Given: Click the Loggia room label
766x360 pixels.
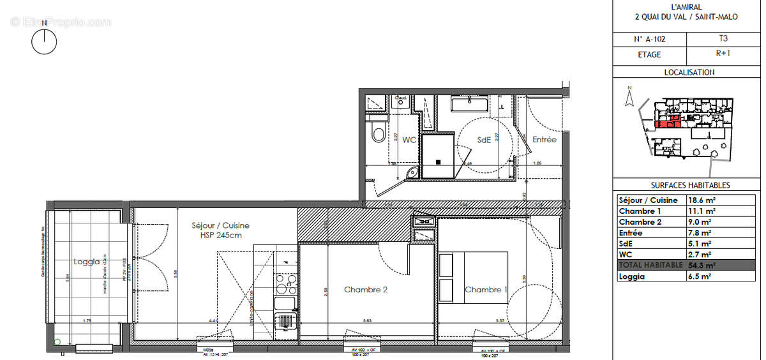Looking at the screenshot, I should [x=86, y=262].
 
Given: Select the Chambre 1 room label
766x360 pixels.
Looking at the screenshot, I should [x=486, y=290].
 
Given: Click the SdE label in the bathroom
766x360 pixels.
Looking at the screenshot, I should [x=484, y=140].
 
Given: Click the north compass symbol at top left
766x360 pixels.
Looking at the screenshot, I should [x=44, y=41].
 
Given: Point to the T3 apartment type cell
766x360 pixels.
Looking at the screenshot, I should [x=723, y=39].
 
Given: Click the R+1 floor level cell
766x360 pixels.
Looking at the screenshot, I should [x=723, y=55].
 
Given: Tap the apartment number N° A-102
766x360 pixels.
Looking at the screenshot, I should [x=648, y=39].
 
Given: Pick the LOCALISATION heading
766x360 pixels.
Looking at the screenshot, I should [x=689, y=73].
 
